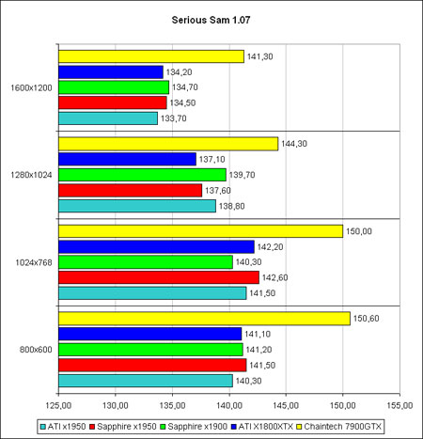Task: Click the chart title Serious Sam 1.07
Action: coord(211,20)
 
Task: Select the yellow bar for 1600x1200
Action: coord(151,56)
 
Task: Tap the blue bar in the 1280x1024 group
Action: coord(127,159)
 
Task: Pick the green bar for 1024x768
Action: coord(146,262)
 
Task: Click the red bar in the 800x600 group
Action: coord(152,365)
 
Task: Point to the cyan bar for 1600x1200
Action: coord(108,118)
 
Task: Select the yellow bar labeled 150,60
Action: coord(204,319)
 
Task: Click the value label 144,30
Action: coord(294,144)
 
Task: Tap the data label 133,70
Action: coord(174,118)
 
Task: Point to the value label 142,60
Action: coord(274,277)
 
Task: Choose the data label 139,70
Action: coord(242,175)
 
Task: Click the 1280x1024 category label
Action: coord(31,175)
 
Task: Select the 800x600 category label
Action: coord(36,350)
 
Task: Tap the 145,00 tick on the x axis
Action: coord(286,405)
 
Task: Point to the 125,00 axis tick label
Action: coord(58,405)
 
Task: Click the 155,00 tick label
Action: coord(399,405)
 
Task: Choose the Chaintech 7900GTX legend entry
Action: coord(339,427)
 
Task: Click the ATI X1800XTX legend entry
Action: coord(262,427)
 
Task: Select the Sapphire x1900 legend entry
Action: coord(194,427)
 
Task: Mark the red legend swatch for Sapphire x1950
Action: coord(92,427)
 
